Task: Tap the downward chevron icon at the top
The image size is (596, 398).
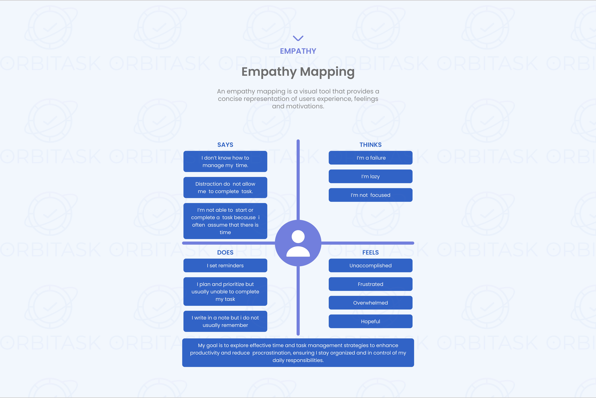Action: click(x=298, y=38)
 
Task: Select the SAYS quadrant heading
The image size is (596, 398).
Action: click(x=225, y=145)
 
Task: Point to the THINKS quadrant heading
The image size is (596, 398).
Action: click(x=370, y=145)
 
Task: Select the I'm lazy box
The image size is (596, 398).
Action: click(x=370, y=176)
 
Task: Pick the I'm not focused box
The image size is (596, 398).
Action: click(x=370, y=195)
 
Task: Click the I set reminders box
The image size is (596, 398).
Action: click(x=225, y=266)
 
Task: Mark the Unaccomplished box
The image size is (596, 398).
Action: click(x=370, y=266)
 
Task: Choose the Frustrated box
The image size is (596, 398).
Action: click(x=370, y=284)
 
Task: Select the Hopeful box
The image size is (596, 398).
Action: click(x=370, y=321)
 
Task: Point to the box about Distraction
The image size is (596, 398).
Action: click(x=225, y=188)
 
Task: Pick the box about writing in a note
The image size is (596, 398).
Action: click(x=225, y=321)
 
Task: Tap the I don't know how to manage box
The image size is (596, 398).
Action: click(x=225, y=161)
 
